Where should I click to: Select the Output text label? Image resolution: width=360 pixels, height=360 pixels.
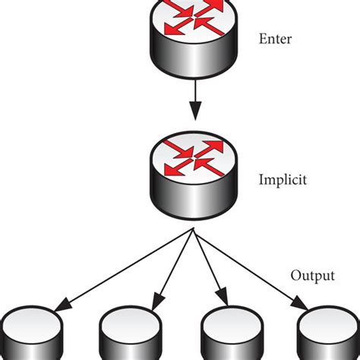coord(313,274)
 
